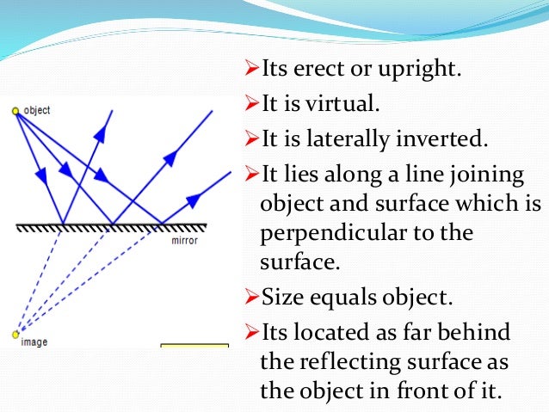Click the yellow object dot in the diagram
click(15, 110)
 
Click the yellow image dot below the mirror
click(15, 335)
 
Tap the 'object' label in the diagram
click(36, 110)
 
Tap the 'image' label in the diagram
click(34, 341)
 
